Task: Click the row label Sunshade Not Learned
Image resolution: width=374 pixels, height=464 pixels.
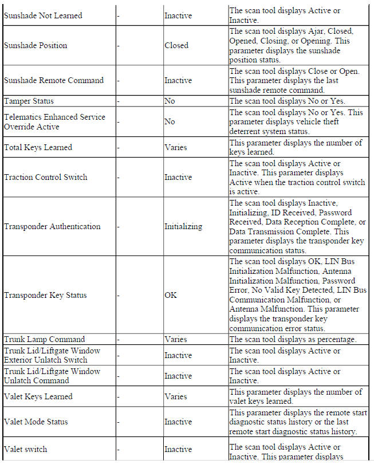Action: pyautogui.click(x=43, y=15)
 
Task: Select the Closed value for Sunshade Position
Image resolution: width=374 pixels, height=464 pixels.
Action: pyautogui.click(x=176, y=45)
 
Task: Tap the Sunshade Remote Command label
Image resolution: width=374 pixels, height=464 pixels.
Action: pyautogui.click(x=54, y=80)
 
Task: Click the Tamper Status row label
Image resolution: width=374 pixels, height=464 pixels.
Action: pyautogui.click(x=29, y=101)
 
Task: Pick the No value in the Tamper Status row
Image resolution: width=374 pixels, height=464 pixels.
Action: pyautogui.click(x=170, y=101)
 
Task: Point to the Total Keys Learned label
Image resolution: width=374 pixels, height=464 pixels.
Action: pyautogui.click(x=38, y=147)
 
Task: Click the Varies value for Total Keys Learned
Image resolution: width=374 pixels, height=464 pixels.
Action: pyautogui.click(x=175, y=147)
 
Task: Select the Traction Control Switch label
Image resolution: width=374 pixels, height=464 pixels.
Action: pyautogui.click(x=46, y=177)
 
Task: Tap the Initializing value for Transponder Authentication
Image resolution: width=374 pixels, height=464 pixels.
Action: pyautogui.click(x=183, y=226)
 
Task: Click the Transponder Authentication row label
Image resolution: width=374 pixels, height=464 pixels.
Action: pyautogui.click(x=52, y=226)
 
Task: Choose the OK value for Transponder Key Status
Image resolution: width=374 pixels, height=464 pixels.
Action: pyautogui.click(x=171, y=295)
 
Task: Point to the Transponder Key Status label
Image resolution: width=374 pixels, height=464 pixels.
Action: pyautogui.click(x=45, y=295)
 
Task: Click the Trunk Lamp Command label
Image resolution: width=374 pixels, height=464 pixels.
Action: pyautogui.click(x=44, y=339)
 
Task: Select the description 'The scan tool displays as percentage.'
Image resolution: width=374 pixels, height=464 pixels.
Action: pyautogui.click(x=293, y=339)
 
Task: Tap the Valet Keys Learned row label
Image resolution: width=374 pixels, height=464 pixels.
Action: pyautogui.click(x=38, y=396)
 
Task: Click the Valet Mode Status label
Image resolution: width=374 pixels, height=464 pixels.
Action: pyautogui.click(x=36, y=422)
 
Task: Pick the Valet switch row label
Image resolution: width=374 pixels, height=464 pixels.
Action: pyautogui.click(x=26, y=449)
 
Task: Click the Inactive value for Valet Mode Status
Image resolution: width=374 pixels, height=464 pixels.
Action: pyautogui.click(x=178, y=422)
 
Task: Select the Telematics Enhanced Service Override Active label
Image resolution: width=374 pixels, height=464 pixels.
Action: pyautogui.click(x=54, y=121)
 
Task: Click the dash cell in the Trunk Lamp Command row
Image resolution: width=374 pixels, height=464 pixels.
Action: pyautogui.click(x=118, y=339)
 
